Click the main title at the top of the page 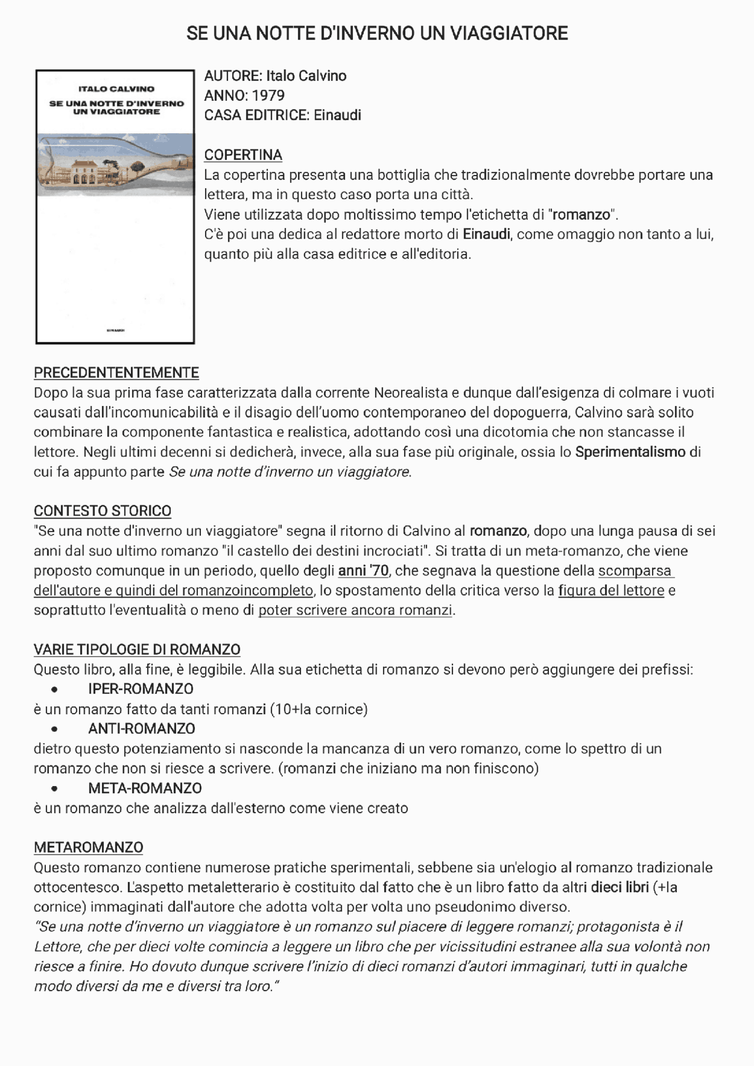[377, 34]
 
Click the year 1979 [268, 95]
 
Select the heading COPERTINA [243, 155]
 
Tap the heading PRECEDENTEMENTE [116, 372]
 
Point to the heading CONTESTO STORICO [102, 511]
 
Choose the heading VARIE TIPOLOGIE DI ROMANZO [137, 649]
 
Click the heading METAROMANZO [88, 847]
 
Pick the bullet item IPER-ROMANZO [141, 689]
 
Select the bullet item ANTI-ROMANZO [141, 728]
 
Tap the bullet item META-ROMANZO [145, 788]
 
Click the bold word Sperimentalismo [630, 452]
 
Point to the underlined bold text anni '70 [363, 570]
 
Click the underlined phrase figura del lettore [611, 590]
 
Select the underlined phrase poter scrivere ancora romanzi [355, 610]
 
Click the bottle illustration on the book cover [115, 164]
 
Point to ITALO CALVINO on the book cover [116, 89]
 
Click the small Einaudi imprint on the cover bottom [115, 330]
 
